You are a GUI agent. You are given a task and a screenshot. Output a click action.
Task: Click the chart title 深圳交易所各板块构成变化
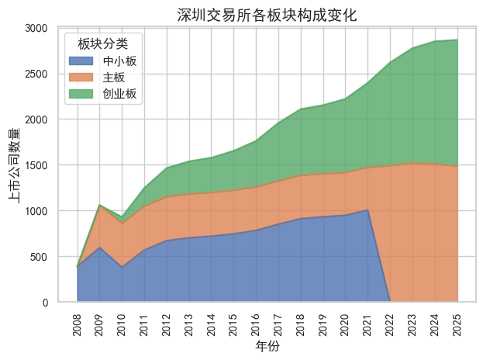click(x=267, y=15)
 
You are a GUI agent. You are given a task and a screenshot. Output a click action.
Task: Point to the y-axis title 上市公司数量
click(x=15, y=164)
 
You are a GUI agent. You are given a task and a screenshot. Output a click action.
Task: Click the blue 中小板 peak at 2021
click(x=367, y=210)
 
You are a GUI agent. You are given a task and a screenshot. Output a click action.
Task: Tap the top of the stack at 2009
click(x=99, y=205)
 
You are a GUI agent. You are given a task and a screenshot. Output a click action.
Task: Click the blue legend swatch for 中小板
click(x=81, y=61)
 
